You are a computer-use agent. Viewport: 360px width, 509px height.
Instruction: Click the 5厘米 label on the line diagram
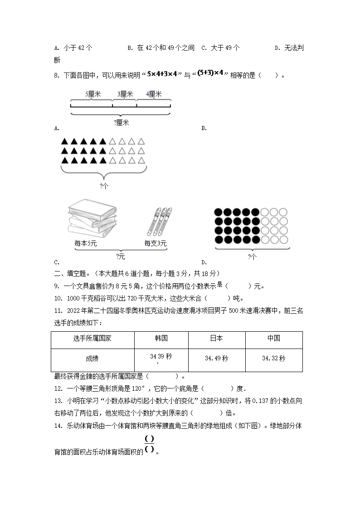92,94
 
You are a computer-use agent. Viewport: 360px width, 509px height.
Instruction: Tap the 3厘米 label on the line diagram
125,94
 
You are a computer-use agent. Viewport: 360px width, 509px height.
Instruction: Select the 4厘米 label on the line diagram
154,94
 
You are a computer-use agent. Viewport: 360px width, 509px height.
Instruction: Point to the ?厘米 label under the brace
121,122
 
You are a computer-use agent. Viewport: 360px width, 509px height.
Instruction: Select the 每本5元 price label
86,244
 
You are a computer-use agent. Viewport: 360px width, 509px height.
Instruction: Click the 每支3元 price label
156,244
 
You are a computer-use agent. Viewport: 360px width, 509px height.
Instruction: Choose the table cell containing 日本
216,339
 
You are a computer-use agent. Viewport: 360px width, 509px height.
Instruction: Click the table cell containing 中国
273,339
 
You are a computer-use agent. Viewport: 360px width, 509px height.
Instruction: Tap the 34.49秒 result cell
216,359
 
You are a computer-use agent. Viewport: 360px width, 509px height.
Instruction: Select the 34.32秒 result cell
273,359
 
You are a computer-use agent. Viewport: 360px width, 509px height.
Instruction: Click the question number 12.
57,388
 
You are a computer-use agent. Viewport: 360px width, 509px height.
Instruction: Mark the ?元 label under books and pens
120,257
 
